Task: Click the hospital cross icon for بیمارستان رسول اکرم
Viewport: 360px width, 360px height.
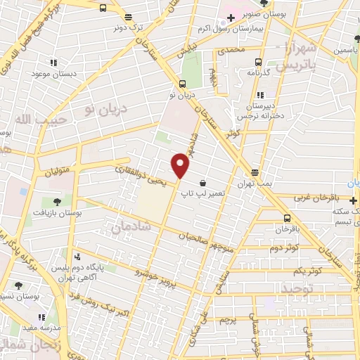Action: [x=231, y=18]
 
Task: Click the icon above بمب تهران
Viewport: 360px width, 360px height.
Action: [x=255, y=172]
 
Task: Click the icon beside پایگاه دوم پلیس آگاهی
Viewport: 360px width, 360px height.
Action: [x=77, y=256]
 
